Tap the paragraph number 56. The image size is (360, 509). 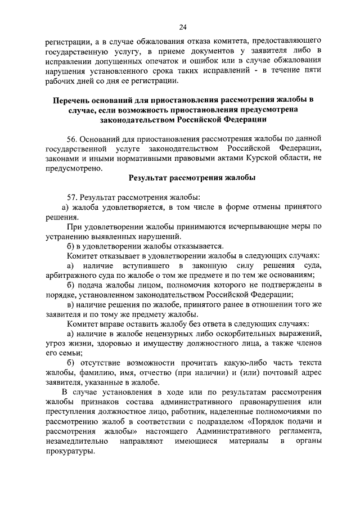point(72,138)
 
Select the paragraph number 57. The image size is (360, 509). point(72,197)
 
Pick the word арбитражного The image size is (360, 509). point(69,275)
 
